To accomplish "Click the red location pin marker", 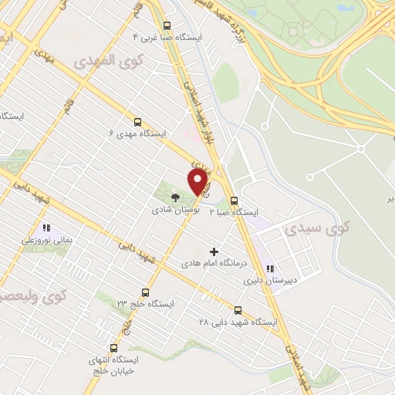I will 198,183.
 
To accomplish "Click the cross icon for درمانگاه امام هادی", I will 214,251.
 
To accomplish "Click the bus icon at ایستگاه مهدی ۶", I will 138,122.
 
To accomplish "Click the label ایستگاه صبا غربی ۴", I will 167,37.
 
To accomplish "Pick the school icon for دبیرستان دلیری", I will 269,269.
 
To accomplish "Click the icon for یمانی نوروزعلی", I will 46,228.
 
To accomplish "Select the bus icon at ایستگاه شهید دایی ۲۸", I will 237,309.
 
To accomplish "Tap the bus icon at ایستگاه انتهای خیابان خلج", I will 115,349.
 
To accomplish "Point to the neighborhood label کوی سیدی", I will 316,228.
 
